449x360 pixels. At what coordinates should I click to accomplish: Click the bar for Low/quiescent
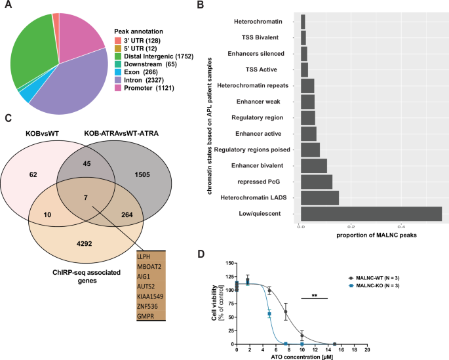[x=370, y=214]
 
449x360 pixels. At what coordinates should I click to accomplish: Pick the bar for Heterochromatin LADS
[x=319, y=197]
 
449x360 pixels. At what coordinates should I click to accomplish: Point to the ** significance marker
[x=313, y=296]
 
